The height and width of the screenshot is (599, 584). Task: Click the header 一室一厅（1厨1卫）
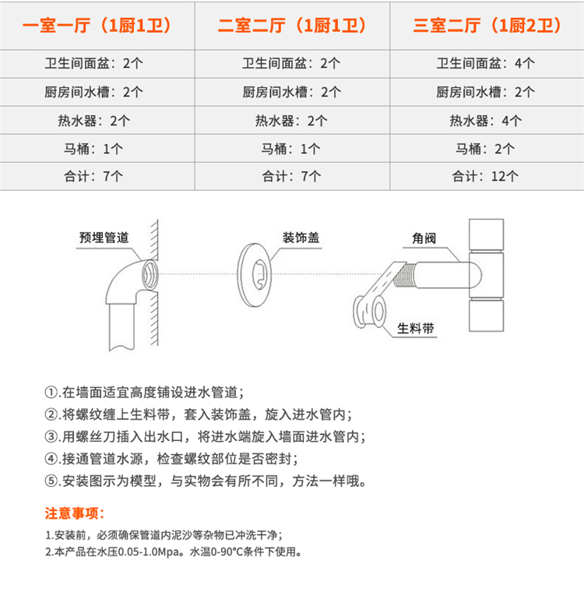97,26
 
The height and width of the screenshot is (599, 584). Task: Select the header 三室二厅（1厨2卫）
487,26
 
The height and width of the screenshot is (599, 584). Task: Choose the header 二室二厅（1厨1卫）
292,26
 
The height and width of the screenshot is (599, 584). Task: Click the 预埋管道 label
104,238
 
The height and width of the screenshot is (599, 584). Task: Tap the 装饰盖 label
301,238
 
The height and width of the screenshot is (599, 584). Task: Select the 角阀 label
424,238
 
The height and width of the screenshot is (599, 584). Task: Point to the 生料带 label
416,328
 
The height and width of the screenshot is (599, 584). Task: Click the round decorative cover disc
255,275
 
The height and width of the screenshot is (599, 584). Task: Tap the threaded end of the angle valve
404,276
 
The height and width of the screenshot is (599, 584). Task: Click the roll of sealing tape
369,312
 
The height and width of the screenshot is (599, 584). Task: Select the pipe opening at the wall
150,275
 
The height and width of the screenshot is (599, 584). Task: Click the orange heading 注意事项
75,513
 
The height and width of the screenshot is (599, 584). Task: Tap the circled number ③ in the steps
51,436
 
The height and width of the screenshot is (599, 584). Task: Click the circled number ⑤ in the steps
51,481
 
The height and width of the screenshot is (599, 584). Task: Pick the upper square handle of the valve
486,234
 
